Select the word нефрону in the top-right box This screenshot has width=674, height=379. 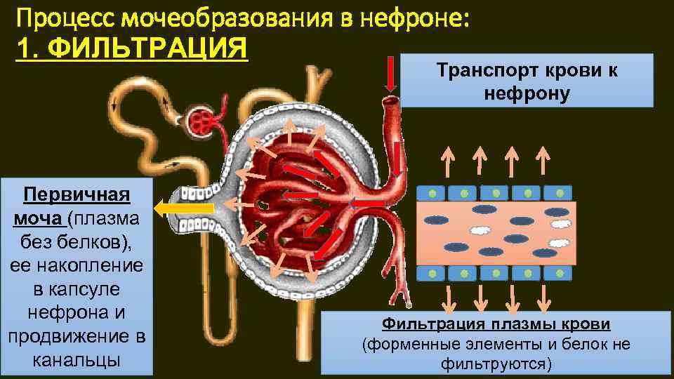527,92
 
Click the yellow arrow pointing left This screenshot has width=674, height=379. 184,208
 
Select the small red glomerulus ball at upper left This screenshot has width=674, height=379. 204,122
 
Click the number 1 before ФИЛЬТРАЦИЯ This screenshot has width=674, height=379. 22,49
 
